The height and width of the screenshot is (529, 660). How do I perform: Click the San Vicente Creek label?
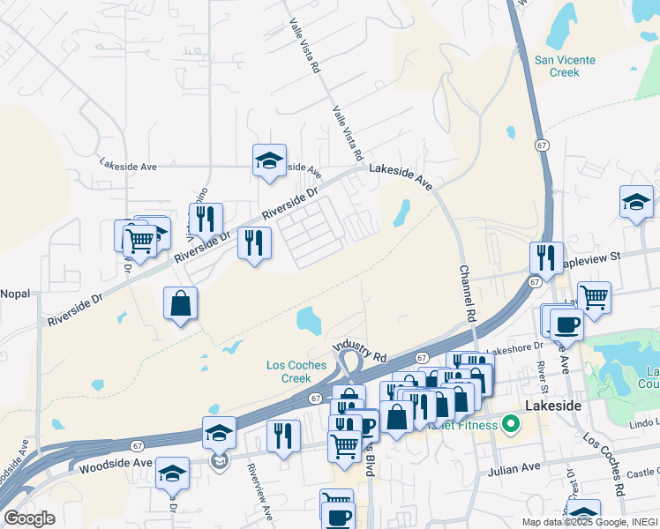point(565,66)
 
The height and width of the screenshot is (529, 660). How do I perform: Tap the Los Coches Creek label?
point(296,371)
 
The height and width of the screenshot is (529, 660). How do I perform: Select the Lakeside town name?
point(552,406)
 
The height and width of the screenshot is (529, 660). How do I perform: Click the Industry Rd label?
point(360,352)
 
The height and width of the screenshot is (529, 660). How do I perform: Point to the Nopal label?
point(15,293)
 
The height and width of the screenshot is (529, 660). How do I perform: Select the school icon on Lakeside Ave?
point(269,160)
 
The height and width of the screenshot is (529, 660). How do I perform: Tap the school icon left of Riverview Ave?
point(219,432)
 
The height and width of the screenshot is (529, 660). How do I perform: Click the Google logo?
point(29,518)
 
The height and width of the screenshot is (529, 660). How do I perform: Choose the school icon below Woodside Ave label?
point(172,473)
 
